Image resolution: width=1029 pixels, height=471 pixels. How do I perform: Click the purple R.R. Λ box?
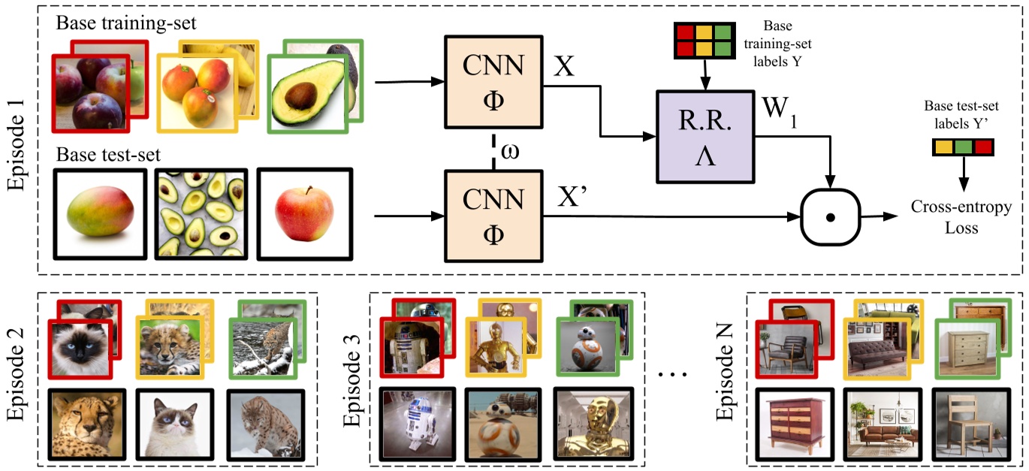[x=705, y=136]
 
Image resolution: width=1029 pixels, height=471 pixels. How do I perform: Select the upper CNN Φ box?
[x=493, y=81]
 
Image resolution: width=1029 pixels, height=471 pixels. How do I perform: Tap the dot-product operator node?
[x=829, y=217]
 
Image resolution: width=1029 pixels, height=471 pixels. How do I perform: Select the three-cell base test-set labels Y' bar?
[x=962, y=148]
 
